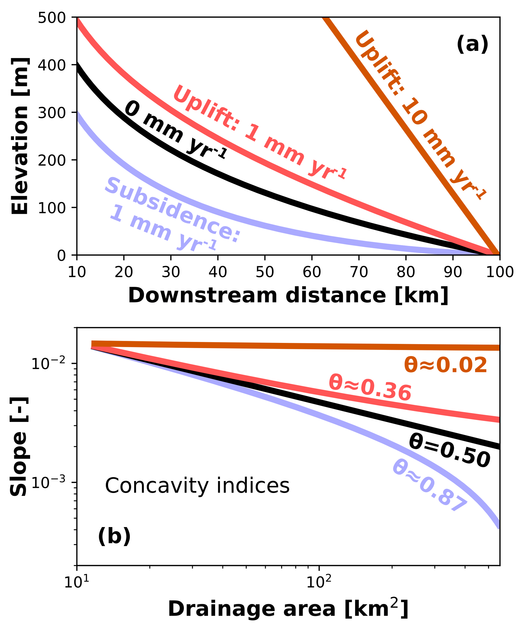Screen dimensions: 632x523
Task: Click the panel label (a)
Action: tap(472, 44)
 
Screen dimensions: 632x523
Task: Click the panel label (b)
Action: tap(114, 536)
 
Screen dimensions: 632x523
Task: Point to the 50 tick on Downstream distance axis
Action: tap(265, 272)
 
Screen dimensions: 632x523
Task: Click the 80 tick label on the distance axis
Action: tap(406, 272)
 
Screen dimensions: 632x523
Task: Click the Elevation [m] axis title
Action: tap(20, 136)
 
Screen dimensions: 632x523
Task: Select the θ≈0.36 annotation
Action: tap(370, 388)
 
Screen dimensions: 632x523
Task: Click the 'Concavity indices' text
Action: tap(197, 486)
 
